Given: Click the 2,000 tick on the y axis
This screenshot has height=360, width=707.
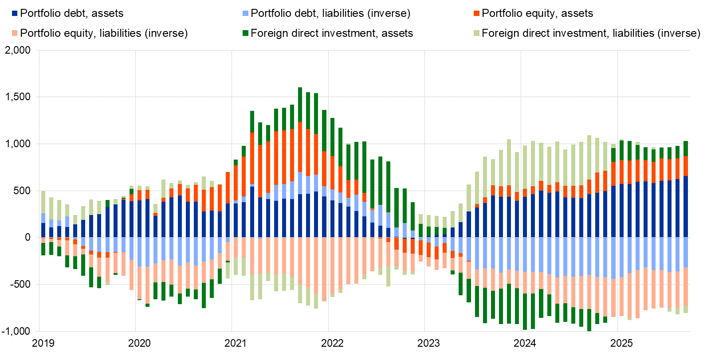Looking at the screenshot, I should point(18,50).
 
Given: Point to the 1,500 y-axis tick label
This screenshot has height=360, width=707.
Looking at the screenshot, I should point(18,97).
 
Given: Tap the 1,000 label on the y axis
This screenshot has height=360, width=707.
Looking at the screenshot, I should point(18,144).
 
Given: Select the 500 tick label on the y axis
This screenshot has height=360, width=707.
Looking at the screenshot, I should point(22,191).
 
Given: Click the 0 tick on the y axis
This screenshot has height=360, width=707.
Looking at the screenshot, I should point(28,238).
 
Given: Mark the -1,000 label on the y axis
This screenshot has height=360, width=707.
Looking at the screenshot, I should point(16,331).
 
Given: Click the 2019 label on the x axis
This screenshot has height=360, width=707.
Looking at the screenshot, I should point(43,343).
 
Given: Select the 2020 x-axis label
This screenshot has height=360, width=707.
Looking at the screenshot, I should point(140,343).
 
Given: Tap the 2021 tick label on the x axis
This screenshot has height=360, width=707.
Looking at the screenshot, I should point(236,343).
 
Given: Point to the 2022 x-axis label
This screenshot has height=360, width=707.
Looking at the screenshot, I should point(333,343).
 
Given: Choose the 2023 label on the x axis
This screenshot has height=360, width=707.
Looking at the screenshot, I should point(429,343).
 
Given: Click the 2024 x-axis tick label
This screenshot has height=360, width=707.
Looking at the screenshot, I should point(525,343).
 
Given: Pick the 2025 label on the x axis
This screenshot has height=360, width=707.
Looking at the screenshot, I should point(622,343).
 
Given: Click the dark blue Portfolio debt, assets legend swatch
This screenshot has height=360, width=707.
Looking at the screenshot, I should point(15,14).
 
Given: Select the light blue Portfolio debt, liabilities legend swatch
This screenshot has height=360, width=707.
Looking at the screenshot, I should point(246,14).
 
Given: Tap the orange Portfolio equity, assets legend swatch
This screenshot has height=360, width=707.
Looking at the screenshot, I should point(477,14).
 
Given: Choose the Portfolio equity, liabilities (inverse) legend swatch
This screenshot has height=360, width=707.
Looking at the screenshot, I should point(15,33).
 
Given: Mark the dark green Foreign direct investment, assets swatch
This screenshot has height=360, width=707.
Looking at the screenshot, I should point(246,33).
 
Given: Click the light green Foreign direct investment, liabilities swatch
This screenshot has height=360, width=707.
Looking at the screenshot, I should point(477,33).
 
